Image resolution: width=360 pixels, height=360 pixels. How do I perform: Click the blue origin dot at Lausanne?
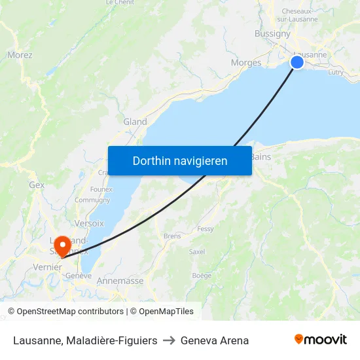coord(297,62)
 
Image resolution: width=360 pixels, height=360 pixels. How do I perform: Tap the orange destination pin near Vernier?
coord(62,245)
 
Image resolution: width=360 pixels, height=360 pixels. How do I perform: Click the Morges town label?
coord(246,63)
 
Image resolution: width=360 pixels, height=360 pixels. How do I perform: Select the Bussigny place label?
coord(272,33)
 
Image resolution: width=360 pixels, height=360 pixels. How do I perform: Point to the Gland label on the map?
coord(135,122)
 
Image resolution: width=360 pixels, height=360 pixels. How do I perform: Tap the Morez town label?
coord(20,55)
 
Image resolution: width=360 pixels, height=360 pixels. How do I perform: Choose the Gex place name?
coord(37,185)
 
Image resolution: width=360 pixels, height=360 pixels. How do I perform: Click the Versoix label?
coord(89,223)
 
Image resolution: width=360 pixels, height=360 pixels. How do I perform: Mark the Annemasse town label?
coord(120,281)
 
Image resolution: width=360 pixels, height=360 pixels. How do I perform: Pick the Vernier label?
coord(48,267)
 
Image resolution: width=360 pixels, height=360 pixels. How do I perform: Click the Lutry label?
coord(335,73)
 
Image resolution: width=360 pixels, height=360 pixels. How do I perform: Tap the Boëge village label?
coord(202,276)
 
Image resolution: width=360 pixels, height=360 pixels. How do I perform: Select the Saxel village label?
coord(196,251)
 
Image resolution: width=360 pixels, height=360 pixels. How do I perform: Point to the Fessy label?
coord(206,229)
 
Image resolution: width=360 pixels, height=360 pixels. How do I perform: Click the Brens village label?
coord(172,236)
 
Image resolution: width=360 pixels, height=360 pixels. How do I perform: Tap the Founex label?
coord(101,189)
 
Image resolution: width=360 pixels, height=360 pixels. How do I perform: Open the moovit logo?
coord(320,340)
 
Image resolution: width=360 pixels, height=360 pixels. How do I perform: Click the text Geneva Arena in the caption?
coord(215,340)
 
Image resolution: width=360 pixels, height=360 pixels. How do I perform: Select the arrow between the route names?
coord(169,340)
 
